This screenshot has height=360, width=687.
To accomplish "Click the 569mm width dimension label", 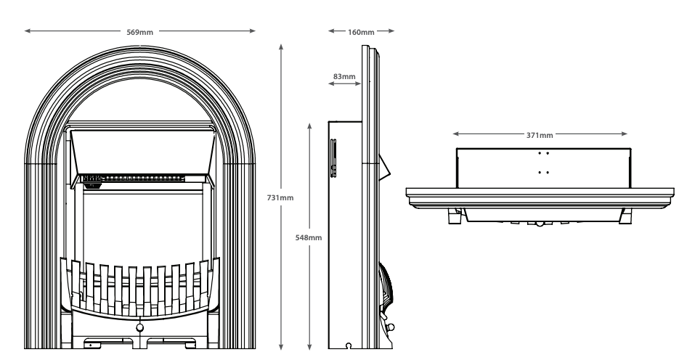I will (141, 31).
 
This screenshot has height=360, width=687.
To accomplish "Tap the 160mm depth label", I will (361, 31).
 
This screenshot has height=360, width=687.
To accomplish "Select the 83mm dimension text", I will (344, 75).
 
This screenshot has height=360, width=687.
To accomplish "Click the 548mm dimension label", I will (310, 237).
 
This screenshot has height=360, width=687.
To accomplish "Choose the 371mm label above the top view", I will (539, 134).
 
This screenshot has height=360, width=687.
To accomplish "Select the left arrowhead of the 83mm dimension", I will (330, 85).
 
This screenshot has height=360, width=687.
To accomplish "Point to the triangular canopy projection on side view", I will (386, 166).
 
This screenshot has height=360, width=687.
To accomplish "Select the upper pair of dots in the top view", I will (543, 153).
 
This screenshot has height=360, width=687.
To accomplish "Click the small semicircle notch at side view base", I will (349, 346).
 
